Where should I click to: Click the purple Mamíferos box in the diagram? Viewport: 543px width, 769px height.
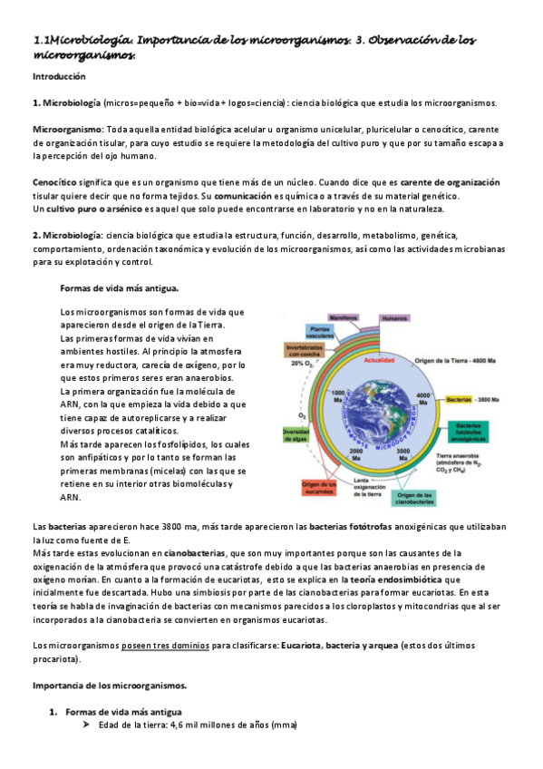tap(345, 318)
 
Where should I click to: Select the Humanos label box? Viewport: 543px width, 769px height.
tap(395, 318)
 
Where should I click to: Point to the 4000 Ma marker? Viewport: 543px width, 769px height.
tap(422, 397)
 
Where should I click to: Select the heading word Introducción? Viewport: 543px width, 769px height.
tap(58, 78)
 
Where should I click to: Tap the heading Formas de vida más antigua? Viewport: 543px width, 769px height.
tap(112, 288)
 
